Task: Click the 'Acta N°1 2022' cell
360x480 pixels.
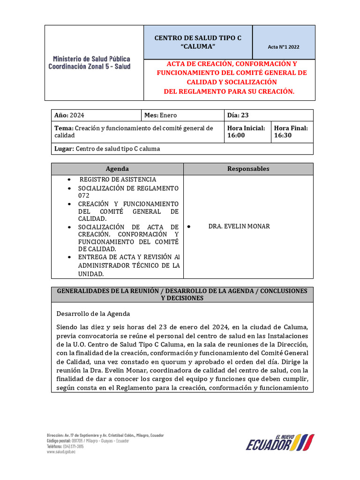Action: tap(284, 47)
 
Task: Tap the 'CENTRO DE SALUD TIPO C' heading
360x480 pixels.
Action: tap(198, 37)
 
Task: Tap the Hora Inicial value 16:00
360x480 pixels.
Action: tap(236, 135)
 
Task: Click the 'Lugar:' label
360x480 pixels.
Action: tap(64, 149)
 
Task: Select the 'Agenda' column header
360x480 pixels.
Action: tap(117, 169)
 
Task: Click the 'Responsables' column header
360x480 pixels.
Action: tap(248, 169)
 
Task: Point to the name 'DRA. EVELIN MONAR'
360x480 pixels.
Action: tap(239, 226)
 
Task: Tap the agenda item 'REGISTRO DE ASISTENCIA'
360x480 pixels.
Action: tap(118, 180)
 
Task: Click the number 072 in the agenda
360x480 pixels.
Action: tap(84, 195)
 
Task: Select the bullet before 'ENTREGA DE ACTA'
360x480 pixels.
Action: tap(69, 257)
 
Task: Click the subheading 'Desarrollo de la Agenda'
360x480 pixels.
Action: tap(93, 314)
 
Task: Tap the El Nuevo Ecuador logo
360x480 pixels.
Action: tap(280, 442)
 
